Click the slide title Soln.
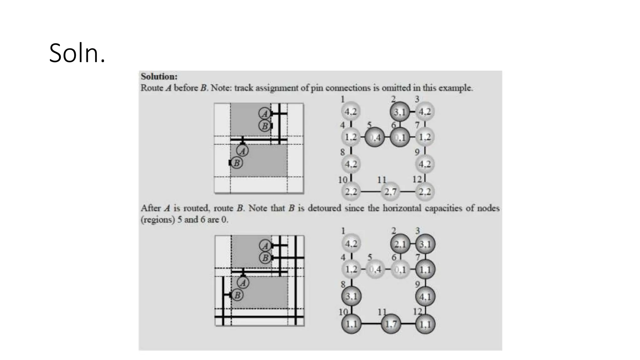click(x=77, y=53)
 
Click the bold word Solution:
click(x=159, y=77)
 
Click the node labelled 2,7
click(x=390, y=192)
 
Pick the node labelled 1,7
click(x=391, y=324)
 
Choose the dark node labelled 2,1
click(x=400, y=244)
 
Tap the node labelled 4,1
click(x=425, y=296)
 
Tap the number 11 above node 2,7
click(x=382, y=180)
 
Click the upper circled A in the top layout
click(x=265, y=113)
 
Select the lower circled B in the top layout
click(x=237, y=163)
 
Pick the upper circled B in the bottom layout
click(x=265, y=258)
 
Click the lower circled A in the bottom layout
click(x=243, y=283)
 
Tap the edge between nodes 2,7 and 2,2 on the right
click(x=407, y=192)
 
